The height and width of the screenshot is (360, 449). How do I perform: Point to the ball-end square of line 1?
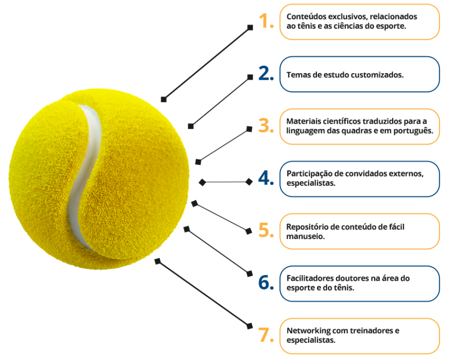point(163,99)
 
